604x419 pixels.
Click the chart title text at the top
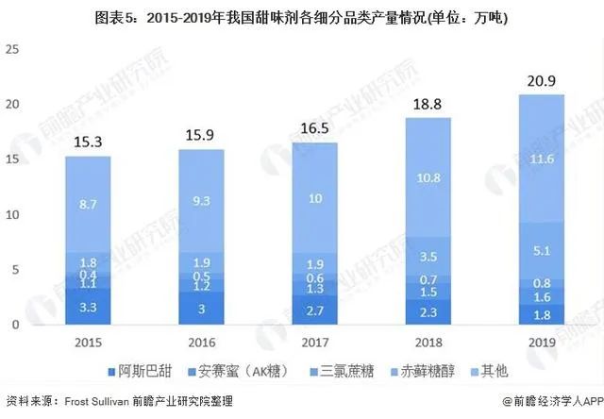pos(302,16)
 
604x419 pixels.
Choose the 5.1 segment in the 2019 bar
pos(541,251)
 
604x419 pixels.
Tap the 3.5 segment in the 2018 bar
pos(430,256)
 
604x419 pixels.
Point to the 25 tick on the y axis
pos(13,48)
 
